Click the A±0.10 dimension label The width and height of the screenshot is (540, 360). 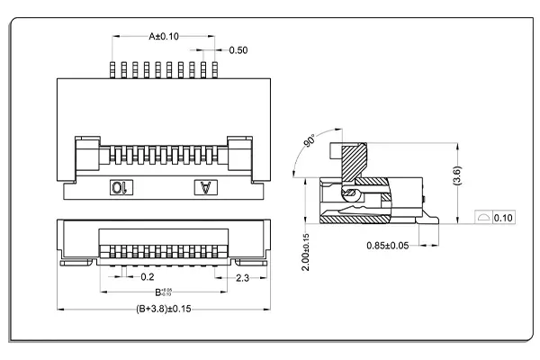[164, 36]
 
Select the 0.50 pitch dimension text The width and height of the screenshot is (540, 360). [238, 49]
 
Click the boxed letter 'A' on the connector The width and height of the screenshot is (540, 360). [207, 187]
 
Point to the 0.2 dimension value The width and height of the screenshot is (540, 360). [148, 278]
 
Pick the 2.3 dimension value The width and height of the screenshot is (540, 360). [242, 278]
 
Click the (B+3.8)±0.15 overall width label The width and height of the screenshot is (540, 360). [164, 310]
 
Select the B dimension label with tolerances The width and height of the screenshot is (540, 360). [163, 292]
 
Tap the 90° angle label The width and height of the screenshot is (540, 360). [310, 144]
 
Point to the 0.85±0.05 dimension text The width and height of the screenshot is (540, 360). [388, 245]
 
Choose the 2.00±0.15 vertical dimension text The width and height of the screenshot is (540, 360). [306, 252]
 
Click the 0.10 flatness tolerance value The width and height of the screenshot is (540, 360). [503, 218]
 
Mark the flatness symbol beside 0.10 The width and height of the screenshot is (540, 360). [481, 218]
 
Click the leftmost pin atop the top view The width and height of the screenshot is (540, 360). [112, 70]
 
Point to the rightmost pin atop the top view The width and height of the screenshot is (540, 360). [212, 70]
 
